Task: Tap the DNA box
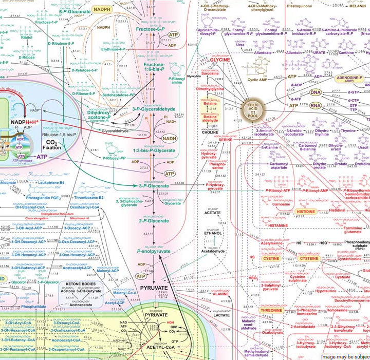(x=315, y=92)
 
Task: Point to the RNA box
(x=315, y=106)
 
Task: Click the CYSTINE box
(x=270, y=259)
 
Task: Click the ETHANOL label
(x=212, y=232)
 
